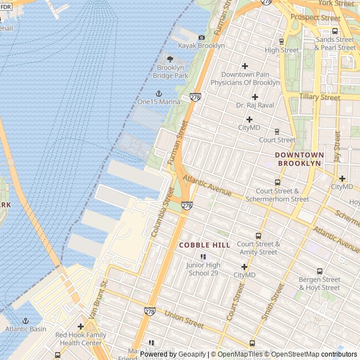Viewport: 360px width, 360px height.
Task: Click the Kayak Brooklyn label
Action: [x=201, y=46]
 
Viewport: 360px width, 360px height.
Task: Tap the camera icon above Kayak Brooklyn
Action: [x=201, y=37]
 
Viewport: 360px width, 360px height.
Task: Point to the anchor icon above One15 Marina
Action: [x=159, y=93]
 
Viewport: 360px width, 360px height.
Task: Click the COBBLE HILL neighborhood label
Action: [x=204, y=245]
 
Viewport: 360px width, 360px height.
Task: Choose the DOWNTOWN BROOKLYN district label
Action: [x=299, y=159]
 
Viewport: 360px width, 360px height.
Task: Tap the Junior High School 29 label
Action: [x=203, y=269]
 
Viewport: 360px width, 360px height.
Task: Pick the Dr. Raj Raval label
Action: [x=255, y=105]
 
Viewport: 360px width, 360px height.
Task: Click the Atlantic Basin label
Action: [x=26, y=329]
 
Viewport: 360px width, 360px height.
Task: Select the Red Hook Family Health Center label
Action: [x=80, y=339]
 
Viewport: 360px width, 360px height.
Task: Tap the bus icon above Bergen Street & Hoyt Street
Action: [x=319, y=271]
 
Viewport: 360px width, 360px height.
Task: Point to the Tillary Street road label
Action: [x=319, y=97]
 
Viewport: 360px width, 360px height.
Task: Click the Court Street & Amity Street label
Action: [x=258, y=248]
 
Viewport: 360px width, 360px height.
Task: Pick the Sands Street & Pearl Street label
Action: [x=335, y=44]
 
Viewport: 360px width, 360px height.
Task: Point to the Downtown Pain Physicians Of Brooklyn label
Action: [x=245, y=78]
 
